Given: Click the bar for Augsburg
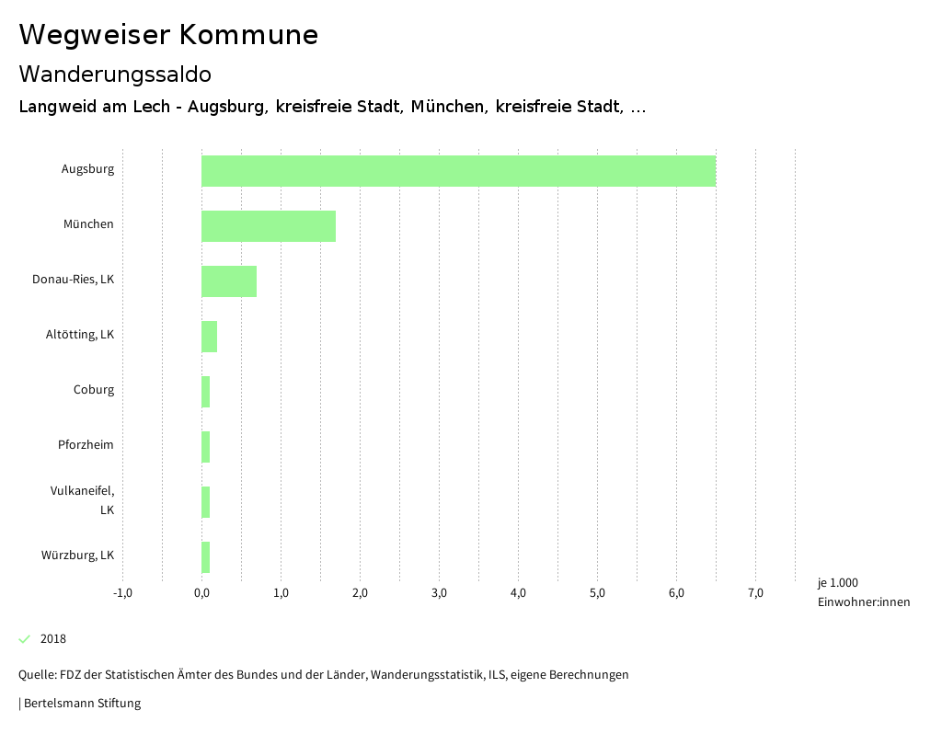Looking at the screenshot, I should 458,171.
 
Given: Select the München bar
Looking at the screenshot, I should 269,226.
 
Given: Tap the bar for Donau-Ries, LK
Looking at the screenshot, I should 229,281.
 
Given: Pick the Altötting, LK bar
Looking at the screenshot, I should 210,337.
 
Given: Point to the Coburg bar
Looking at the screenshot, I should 206,392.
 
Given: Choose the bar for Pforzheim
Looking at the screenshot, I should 206,447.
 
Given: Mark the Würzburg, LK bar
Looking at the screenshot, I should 206,557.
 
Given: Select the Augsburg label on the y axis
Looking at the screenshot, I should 88,169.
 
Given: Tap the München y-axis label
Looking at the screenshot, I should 89,224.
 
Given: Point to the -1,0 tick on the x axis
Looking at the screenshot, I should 122,592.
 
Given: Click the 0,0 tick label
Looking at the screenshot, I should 201,592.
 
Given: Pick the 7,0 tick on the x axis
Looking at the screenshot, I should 755,592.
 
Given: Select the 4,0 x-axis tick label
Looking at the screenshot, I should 518,592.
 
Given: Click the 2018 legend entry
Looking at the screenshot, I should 53,639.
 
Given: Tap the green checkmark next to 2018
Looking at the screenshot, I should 25,639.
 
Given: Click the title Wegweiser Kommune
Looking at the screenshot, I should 168,35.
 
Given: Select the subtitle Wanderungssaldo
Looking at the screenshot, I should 115,74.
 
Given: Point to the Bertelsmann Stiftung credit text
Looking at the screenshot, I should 81,704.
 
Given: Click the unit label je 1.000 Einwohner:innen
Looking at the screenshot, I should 863,592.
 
